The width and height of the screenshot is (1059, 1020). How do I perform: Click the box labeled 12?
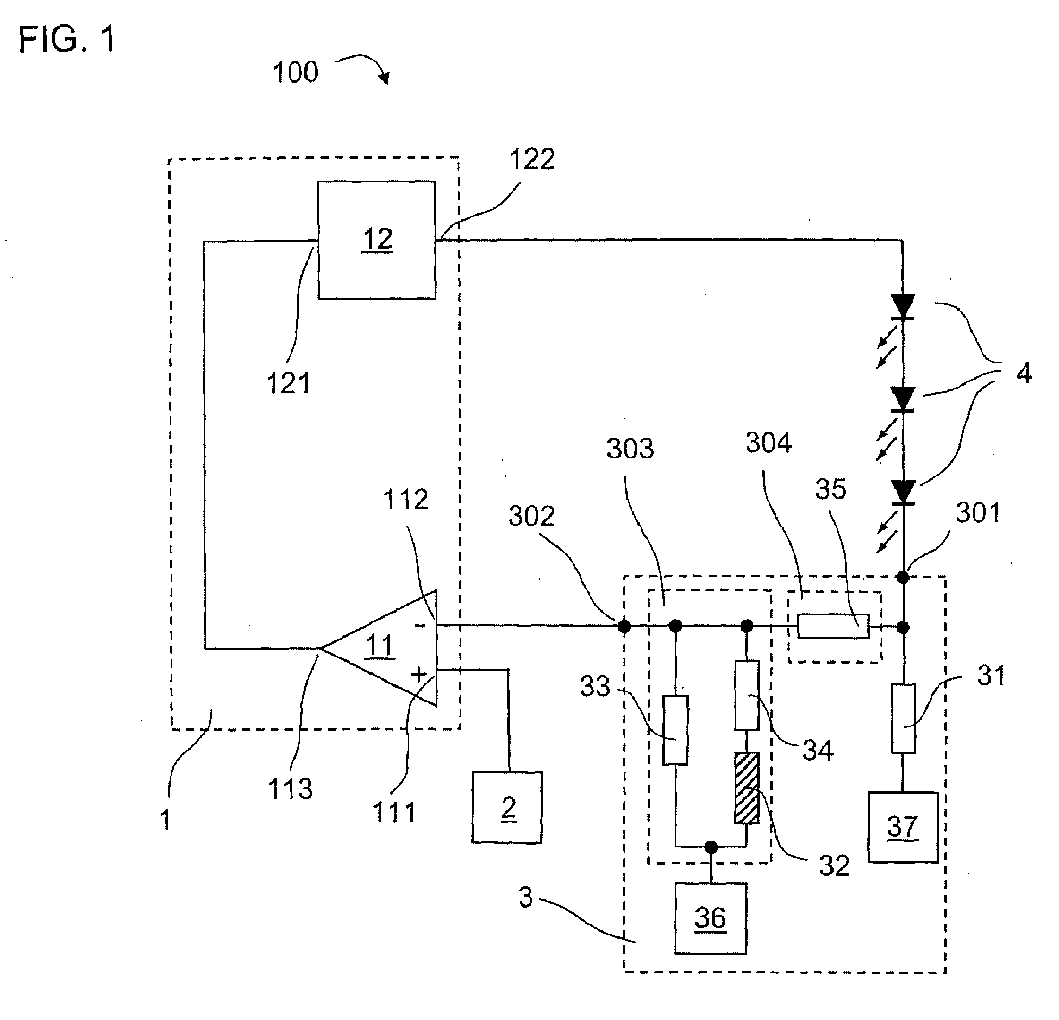(x=377, y=240)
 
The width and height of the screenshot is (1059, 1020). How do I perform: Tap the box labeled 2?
(x=506, y=807)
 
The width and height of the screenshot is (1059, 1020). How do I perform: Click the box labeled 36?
(x=710, y=918)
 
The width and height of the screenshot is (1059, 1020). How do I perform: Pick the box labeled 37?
(x=903, y=827)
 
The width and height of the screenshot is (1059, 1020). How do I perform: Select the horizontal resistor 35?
(x=833, y=626)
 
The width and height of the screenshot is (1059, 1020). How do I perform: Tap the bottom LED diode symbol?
(x=903, y=493)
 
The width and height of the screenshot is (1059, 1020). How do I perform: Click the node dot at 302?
(x=624, y=627)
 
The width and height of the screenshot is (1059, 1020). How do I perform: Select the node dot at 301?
(x=903, y=577)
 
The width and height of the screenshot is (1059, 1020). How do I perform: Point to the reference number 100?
(x=295, y=72)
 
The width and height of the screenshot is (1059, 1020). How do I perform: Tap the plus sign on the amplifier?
(x=419, y=675)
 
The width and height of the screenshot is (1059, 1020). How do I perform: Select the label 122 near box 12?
(x=532, y=160)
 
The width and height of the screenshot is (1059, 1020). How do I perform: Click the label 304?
(x=768, y=443)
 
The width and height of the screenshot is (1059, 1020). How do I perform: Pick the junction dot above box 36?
(x=710, y=846)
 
